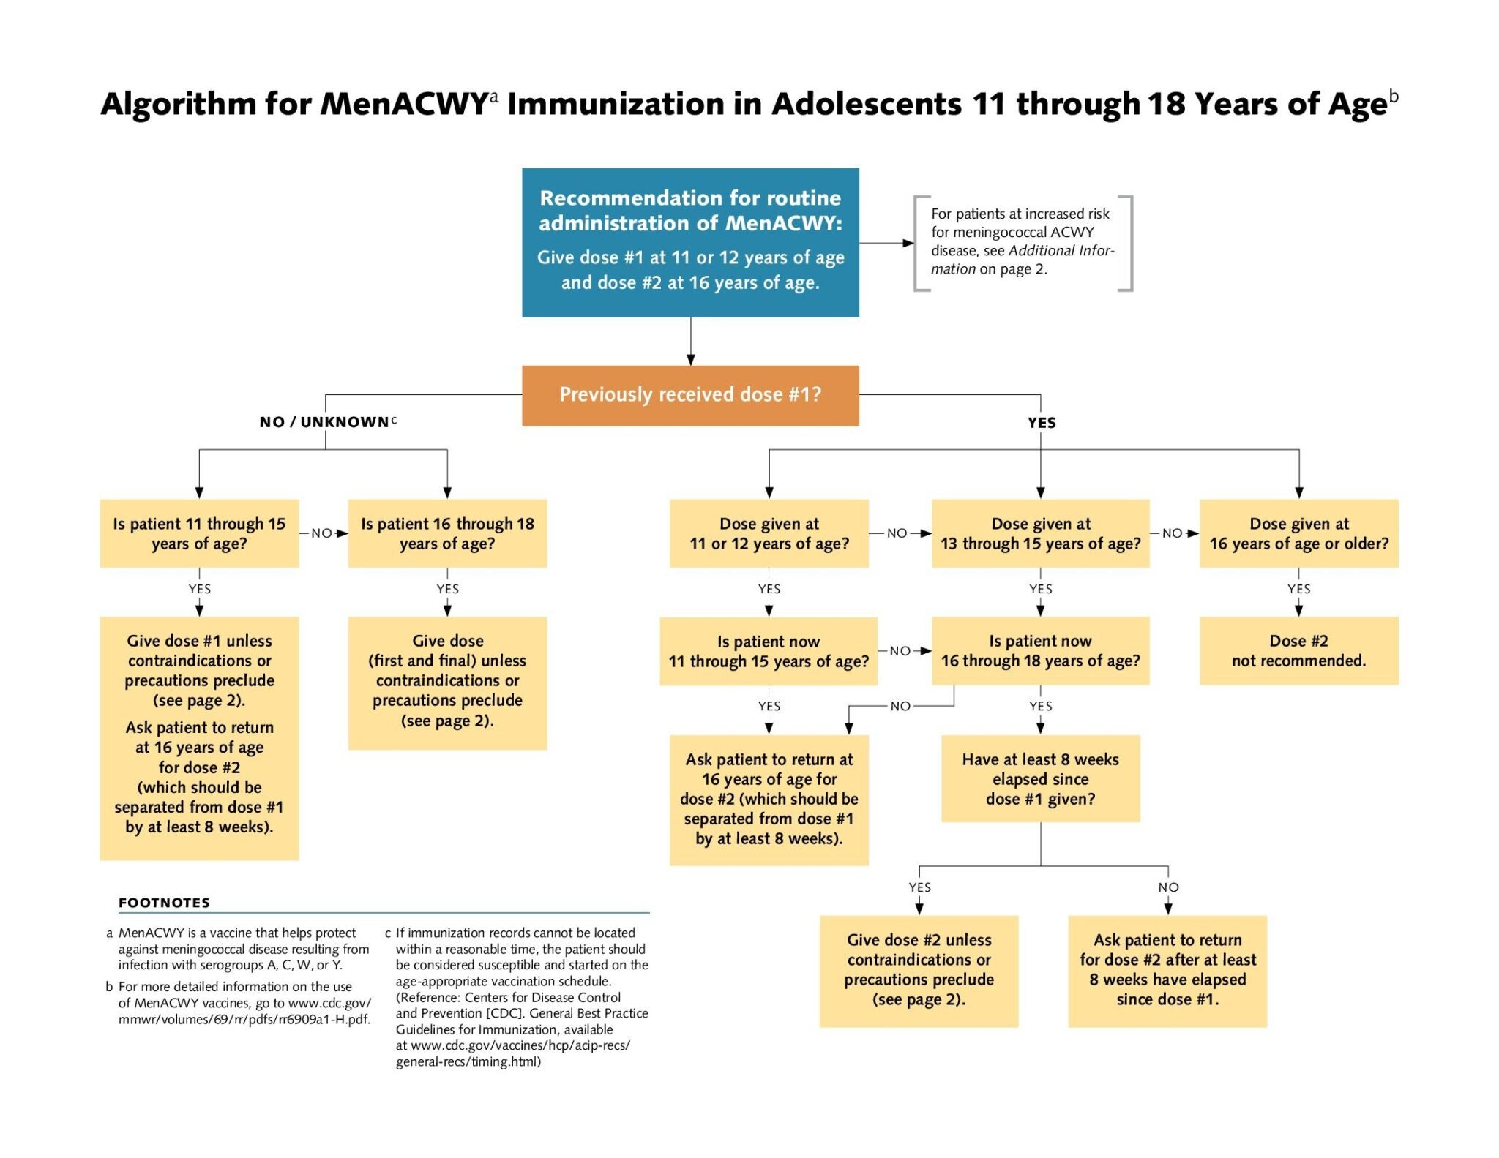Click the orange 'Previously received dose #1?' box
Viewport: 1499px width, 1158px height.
(689, 395)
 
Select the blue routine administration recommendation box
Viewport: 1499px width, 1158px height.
(689, 242)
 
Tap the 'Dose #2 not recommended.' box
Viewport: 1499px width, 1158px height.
(1298, 650)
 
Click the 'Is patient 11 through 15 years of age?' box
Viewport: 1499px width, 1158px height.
(199, 533)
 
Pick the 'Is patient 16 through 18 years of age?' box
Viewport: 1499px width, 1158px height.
(447, 533)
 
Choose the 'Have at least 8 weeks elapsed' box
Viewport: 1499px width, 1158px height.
(1040, 778)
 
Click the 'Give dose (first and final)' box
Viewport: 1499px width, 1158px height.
(447, 682)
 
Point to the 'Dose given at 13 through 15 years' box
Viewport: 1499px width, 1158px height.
(1040, 533)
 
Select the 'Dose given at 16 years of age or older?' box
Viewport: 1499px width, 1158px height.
(1298, 533)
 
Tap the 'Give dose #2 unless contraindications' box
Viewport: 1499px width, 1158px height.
(919, 970)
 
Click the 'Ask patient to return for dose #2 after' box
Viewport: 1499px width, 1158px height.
(1167, 970)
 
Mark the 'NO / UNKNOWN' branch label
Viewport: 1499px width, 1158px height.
(324, 422)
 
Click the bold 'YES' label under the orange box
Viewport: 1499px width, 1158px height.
(1041, 423)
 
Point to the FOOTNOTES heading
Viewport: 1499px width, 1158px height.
(164, 903)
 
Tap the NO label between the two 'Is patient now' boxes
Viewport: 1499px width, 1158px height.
(900, 651)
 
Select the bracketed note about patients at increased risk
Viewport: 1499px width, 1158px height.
(1022, 242)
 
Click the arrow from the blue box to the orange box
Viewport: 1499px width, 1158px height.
(690, 342)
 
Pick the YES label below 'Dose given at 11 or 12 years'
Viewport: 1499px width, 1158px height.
(769, 589)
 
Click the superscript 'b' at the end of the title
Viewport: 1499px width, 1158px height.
(1394, 96)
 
